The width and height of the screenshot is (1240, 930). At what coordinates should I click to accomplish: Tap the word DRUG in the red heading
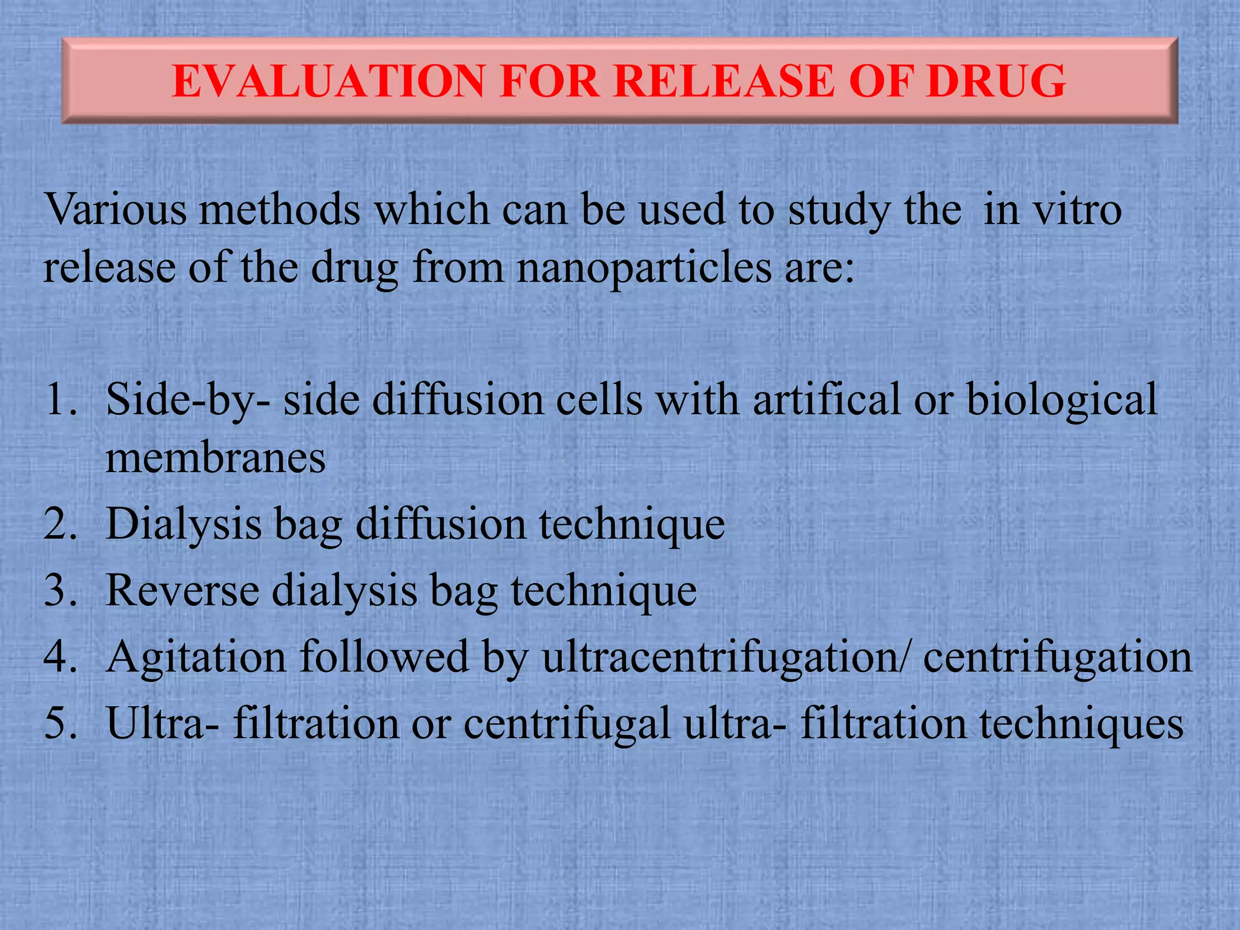(x=995, y=81)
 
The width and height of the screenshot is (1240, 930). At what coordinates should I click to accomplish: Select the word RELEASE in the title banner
(x=723, y=81)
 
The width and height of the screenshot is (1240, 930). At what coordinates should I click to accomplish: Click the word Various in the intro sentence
(x=115, y=209)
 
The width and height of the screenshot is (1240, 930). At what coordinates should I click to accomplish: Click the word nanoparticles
(x=644, y=267)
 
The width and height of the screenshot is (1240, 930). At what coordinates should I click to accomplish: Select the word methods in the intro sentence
(x=279, y=209)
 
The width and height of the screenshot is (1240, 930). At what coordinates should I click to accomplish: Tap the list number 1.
(x=61, y=400)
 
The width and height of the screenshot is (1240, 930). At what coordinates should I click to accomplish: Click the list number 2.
(x=61, y=524)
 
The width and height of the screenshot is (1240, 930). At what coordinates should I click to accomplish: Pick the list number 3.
(x=61, y=590)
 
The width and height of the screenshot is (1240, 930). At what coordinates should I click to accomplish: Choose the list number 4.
(x=61, y=657)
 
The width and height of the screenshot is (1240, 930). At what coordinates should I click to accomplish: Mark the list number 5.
(x=61, y=724)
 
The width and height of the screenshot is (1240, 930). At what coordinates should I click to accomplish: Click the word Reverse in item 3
(x=182, y=590)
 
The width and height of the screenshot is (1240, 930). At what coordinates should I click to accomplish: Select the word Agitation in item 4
(x=196, y=657)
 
